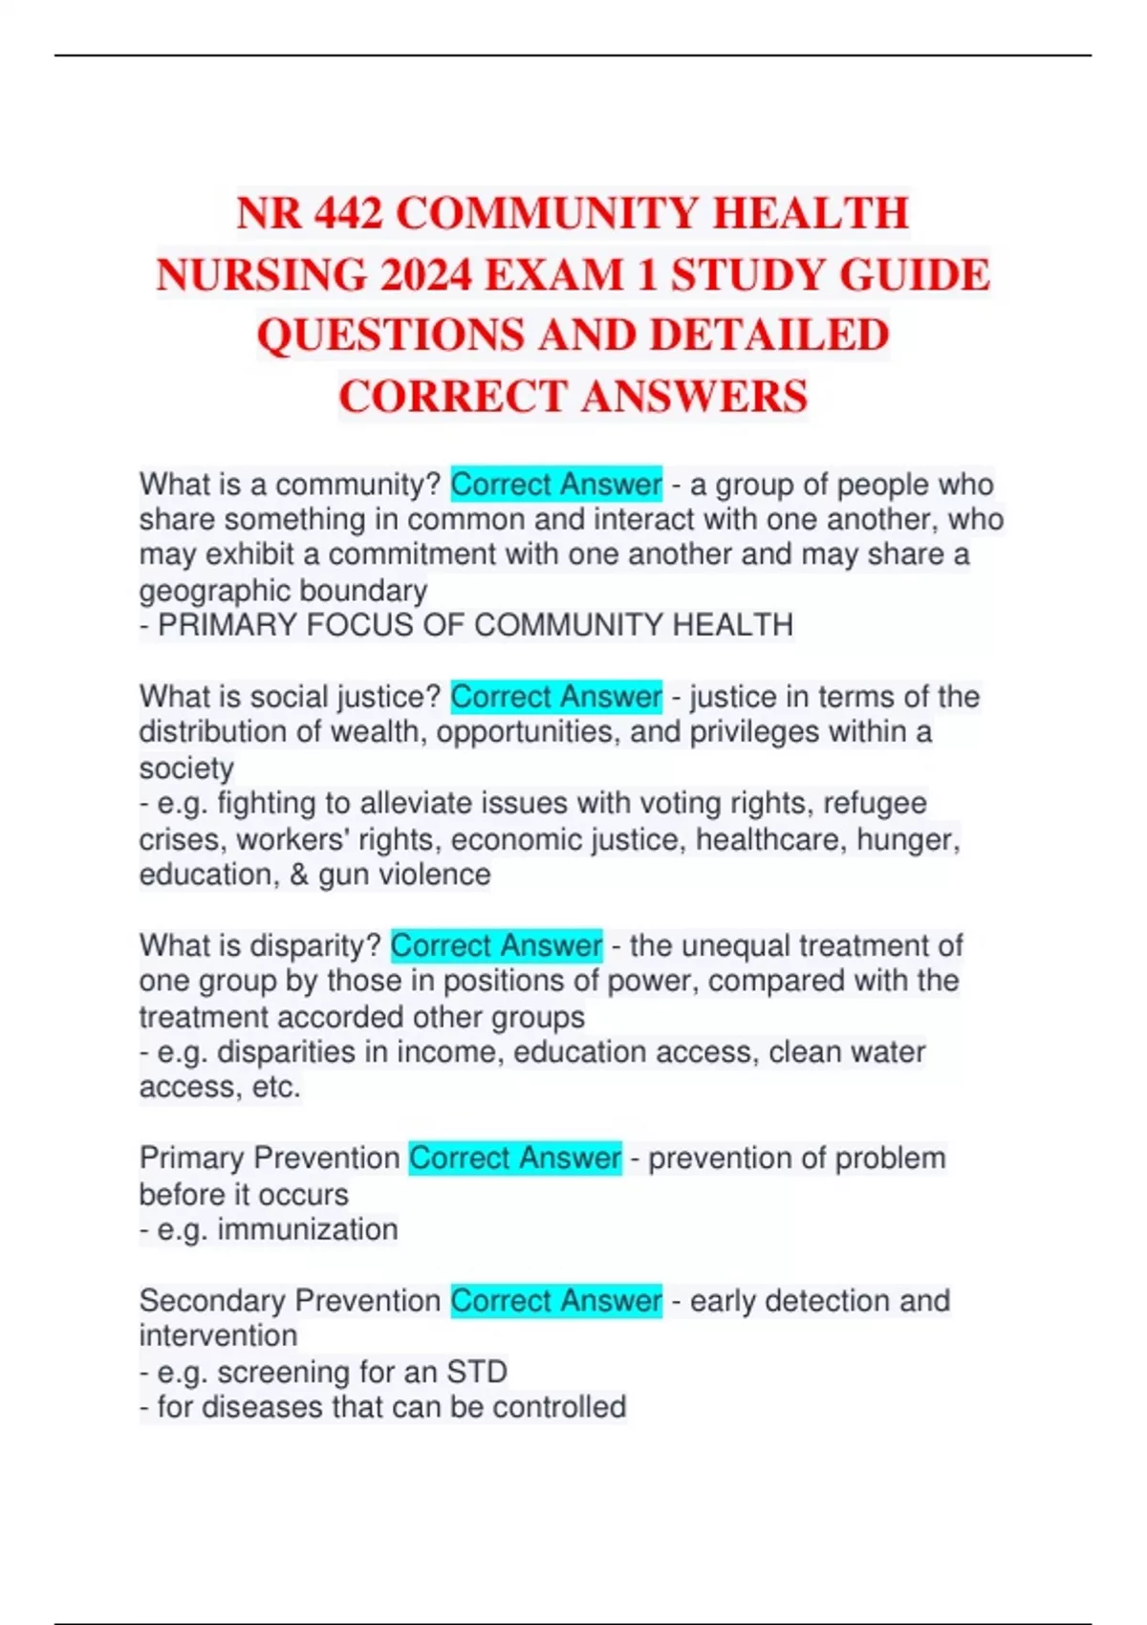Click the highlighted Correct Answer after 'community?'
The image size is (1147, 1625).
pyautogui.click(x=556, y=485)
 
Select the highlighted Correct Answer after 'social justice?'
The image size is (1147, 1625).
pyautogui.click(x=556, y=697)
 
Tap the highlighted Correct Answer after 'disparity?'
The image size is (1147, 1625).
pyautogui.click(x=496, y=945)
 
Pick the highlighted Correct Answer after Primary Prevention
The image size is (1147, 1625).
pyautogui.click(x=515, y=1159)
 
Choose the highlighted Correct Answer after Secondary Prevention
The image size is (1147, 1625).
pyautogui.click(x=556, y=1301)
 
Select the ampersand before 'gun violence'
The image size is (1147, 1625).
pyautogui.click(x=298, y=875)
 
